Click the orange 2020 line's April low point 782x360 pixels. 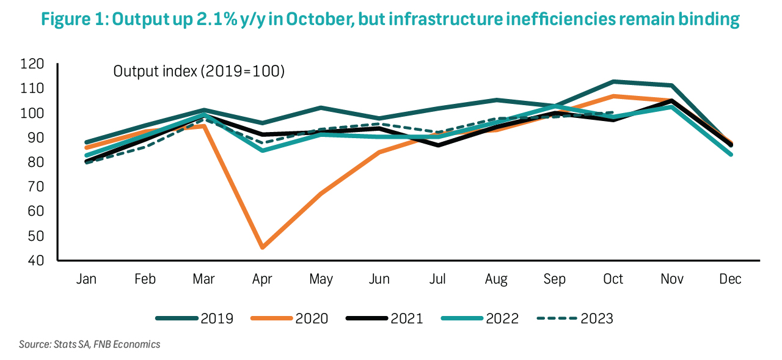262,248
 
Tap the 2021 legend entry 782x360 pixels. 384,318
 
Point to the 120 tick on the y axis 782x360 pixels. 33,64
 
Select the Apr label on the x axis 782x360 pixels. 262,279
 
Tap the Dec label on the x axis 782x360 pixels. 729,279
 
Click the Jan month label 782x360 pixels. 87,279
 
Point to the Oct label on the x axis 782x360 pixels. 613,279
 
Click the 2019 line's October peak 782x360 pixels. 613,81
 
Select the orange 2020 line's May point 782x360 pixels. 321,194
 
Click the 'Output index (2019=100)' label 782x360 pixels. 199,72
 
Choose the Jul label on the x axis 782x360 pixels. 437,279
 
